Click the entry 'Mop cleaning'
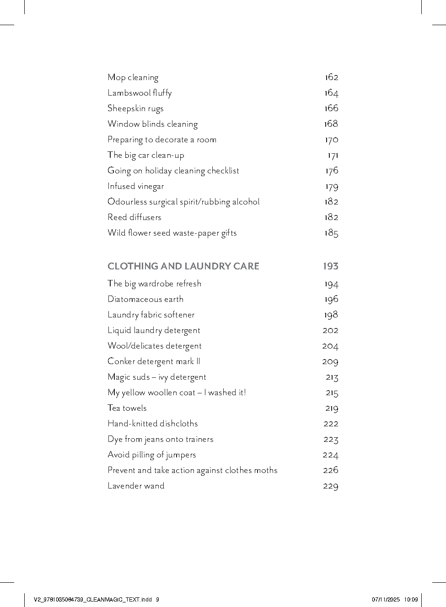[x=133, y=77]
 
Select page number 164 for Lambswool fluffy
[x=331, y=93]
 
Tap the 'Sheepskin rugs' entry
[x=135, y=108]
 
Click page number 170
[x=331, y=140]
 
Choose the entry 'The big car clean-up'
[x=146, y=155]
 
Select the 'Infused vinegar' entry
[x=135, y=186]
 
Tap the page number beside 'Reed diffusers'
[x=331, y=217]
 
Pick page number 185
[x=331, y=233]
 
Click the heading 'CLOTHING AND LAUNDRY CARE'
[x=183, y=266]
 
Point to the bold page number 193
[x=330, y=266]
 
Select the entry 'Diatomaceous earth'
[x=145, y=299]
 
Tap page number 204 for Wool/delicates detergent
[x=330, y=346]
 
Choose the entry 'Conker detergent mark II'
[x=154, y=361]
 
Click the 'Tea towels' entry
[x=127, y=408]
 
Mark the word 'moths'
[x=265, y=470]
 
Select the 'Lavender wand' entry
[x=136, y=486]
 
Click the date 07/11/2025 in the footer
[x=386, y=599]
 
